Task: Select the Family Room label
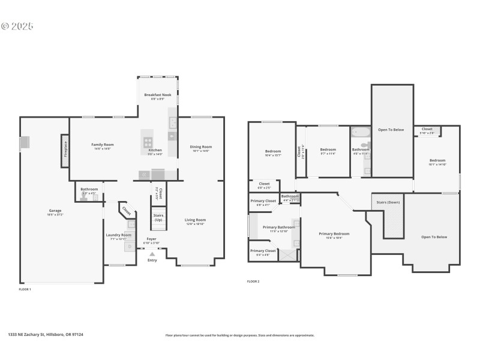click(103, 145)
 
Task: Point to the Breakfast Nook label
click(158, 95)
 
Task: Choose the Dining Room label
click(201, 147)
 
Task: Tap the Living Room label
click(195, 220)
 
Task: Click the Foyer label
click(151, 239)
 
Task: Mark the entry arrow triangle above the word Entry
click(152, 253)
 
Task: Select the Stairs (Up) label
click(158, 217)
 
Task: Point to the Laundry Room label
click(118, 235)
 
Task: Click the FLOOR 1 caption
click(25, 289)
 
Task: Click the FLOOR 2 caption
click(253, 281)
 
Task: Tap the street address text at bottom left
click(46, 335)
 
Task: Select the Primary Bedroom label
click(334, 234)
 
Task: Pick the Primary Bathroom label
click(278, 227)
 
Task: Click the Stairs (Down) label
click(388, 203)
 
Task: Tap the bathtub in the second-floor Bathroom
click(361, 133)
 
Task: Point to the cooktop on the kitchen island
click(148, 142)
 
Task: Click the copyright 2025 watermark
click(17, 26)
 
